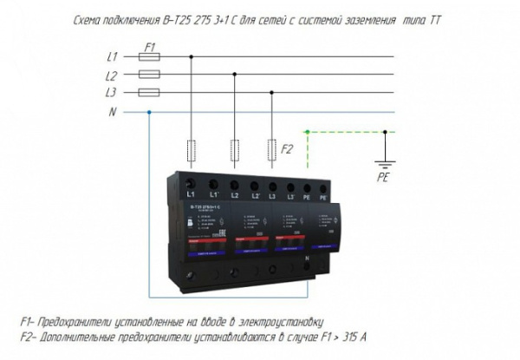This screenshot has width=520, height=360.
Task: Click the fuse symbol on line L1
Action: tap(149, 57)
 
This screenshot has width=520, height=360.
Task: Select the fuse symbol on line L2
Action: tap(149, 75)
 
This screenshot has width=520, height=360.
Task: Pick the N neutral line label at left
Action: tap(111, 112)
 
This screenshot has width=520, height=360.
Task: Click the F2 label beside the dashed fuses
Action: tap(289, 149)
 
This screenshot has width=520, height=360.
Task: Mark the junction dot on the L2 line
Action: tap(233, 75)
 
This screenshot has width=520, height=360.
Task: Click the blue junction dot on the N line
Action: tap(151, 112)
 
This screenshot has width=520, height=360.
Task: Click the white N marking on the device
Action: tap(307, 259)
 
